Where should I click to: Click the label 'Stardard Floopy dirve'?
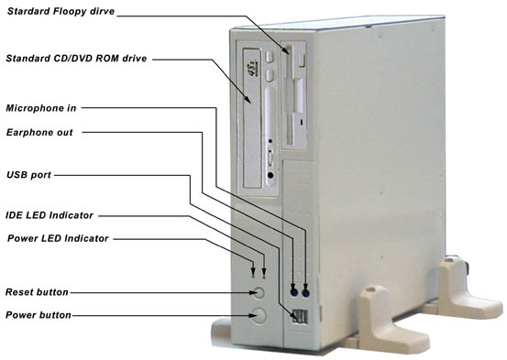(x=61, y=11)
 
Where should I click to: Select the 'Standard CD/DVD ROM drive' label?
(x=76, y=59)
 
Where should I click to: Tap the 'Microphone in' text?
(x=41, y=108)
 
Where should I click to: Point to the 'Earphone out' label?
(x=39, y=133)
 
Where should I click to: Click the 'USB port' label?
(x=28, y=175)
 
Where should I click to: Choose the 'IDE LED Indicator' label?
(x=50, y=215)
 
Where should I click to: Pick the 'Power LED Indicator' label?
(x=58, y=238)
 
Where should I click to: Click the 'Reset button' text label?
(x=37, y=292)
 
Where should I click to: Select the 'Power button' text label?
(x=39, y=315)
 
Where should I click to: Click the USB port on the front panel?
(x=301, y=316)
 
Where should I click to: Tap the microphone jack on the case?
(x=305, y=293)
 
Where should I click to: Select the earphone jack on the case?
(x=293, y=292)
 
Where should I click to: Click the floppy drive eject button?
(x=302, y=60)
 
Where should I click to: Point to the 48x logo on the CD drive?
(x=252, y=68)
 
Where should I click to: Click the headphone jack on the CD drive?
(x=271, y=175)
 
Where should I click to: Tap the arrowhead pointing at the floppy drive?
(x=286, y=49)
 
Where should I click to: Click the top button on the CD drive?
(x=269, y=57)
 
